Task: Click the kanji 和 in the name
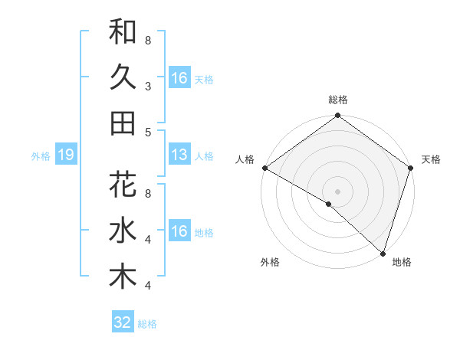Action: (123, 32)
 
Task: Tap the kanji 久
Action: (123, 77)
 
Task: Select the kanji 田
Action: (123, 123)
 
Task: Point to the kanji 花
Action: (123, 186)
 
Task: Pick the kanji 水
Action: (123, 231)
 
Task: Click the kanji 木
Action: (123, 277)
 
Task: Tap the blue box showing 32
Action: (123, 322)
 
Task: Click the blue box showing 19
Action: (65, 155)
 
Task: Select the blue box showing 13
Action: (179, 155)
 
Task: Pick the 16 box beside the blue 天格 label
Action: (179, 78)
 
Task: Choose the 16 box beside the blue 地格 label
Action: (179, 231)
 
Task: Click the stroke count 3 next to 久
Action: (148, 87)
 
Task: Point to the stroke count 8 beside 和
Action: (148, 39)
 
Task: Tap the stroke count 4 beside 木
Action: (148, 286)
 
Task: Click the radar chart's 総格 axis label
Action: (338, 100)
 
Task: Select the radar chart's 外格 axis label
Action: (270, 263)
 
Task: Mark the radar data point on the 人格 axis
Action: (264, 168)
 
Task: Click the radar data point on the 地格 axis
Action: (383, 254)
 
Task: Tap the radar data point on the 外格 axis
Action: (329, 204)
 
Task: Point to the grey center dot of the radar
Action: (338, 190)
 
